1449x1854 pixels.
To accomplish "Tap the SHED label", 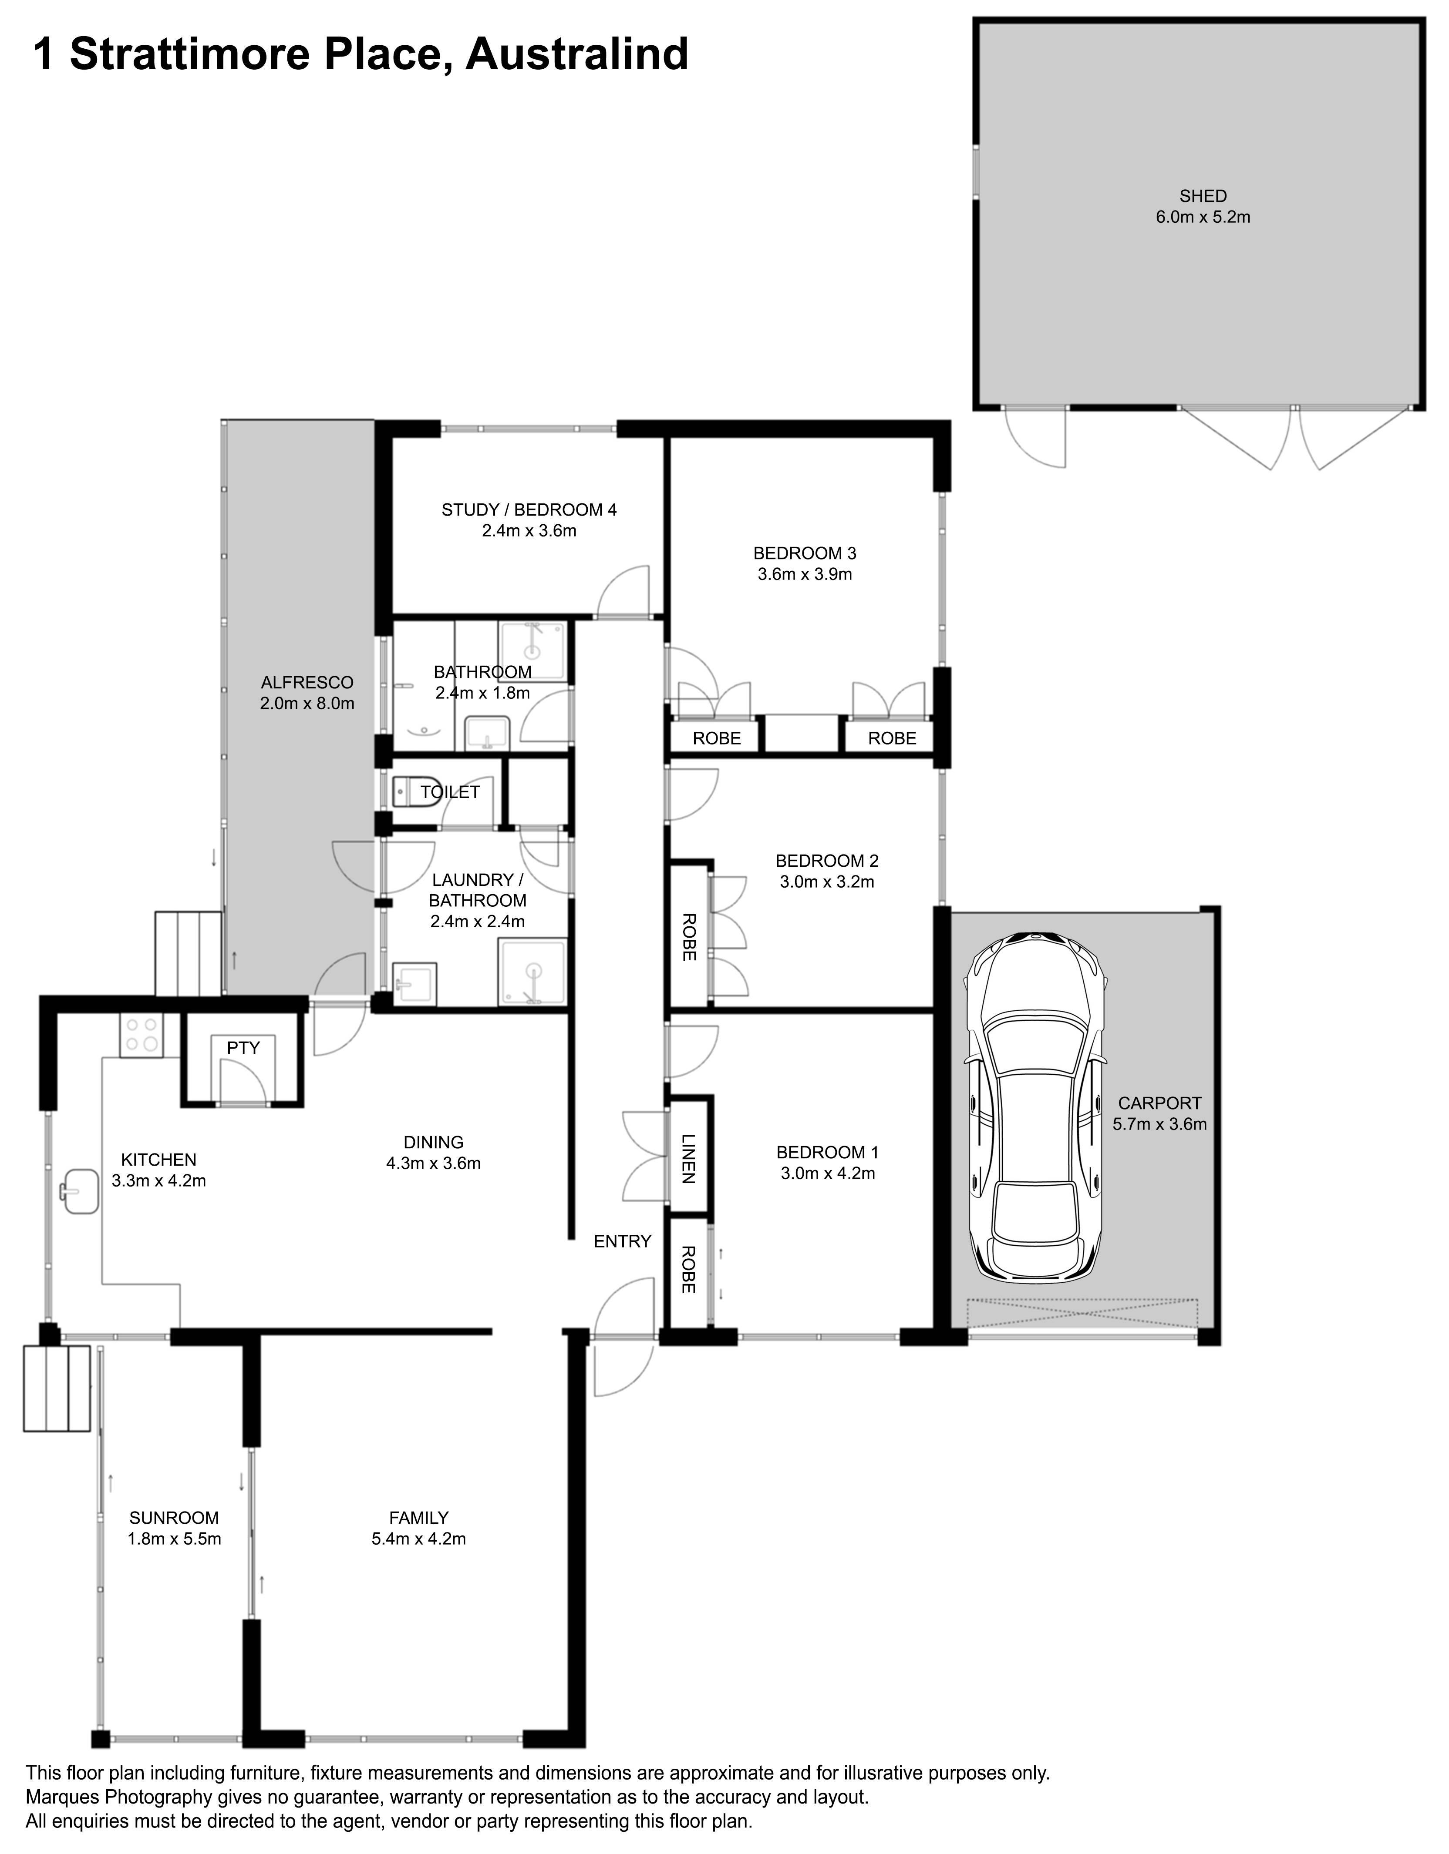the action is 1203,196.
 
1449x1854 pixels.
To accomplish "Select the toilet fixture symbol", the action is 416,792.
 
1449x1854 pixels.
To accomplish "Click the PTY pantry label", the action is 243,1048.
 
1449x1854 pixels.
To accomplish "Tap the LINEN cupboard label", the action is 688,1159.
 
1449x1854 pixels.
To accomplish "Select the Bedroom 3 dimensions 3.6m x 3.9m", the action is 804,575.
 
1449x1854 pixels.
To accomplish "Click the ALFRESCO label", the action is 307,683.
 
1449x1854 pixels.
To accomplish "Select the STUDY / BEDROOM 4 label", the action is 529,510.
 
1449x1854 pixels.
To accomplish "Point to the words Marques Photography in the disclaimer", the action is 118,1797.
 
